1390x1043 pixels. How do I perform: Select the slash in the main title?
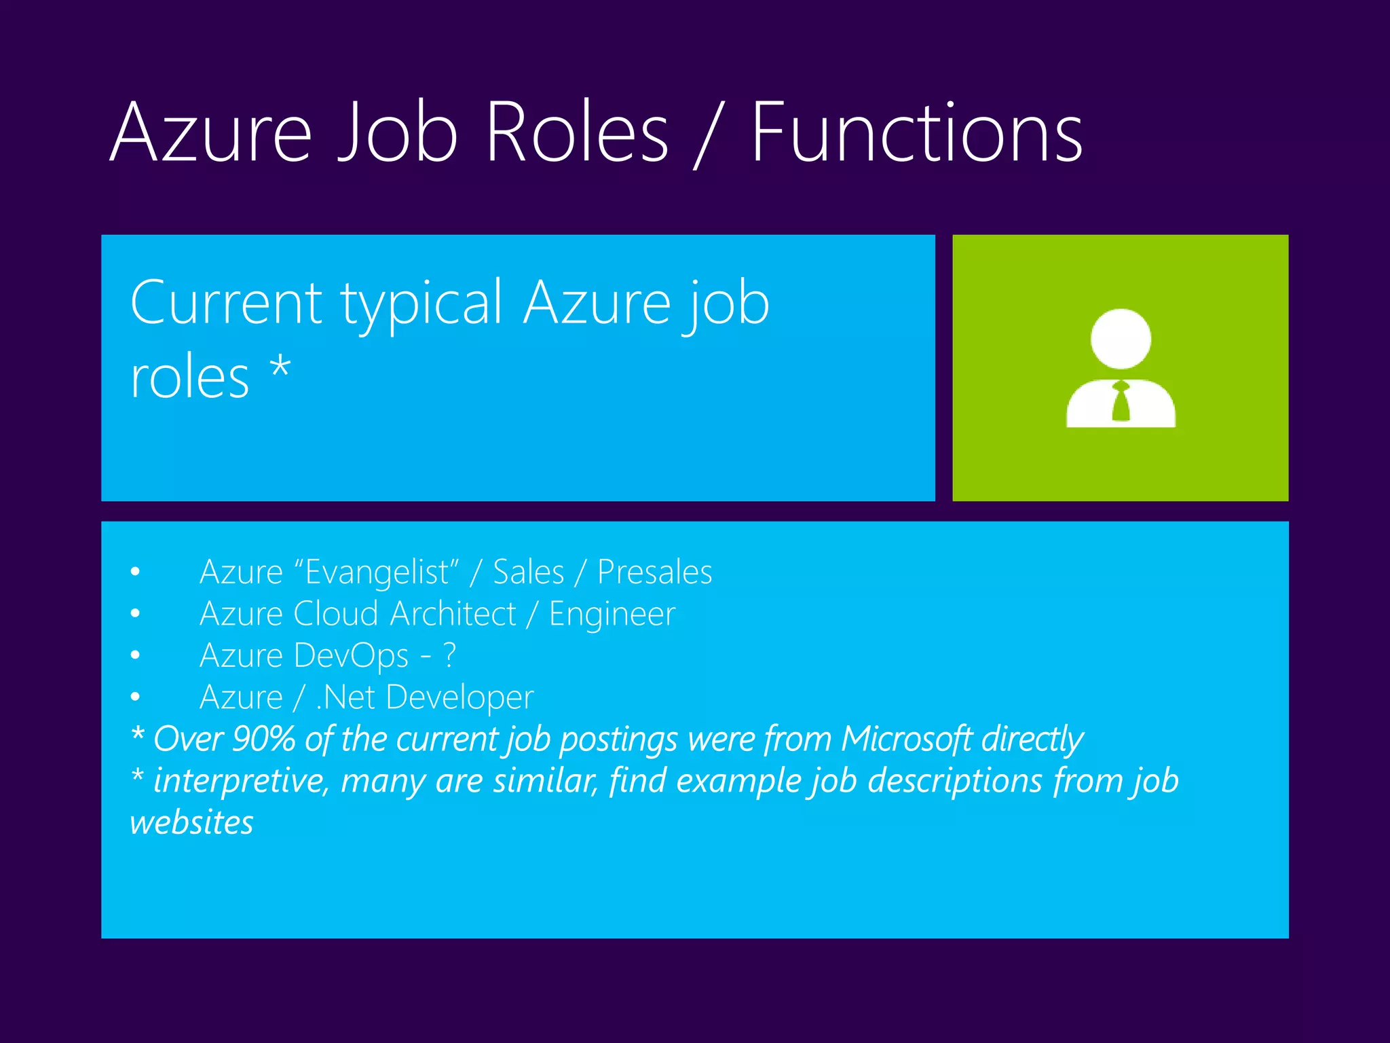708,134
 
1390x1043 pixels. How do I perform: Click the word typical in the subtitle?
421,304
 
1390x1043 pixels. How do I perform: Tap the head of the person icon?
1121,339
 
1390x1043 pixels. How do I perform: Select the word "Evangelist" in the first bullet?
377,572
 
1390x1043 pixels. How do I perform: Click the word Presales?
654,572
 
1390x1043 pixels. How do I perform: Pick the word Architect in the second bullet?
453,614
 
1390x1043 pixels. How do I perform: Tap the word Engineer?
612,614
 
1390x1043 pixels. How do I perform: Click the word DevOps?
352,656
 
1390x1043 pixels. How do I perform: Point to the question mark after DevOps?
449,656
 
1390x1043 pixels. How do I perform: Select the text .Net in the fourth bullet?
345,697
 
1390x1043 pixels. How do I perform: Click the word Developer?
460,697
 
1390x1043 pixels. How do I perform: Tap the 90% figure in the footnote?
263,739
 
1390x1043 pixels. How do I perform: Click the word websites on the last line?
191,823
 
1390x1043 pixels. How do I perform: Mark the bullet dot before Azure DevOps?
136,656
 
